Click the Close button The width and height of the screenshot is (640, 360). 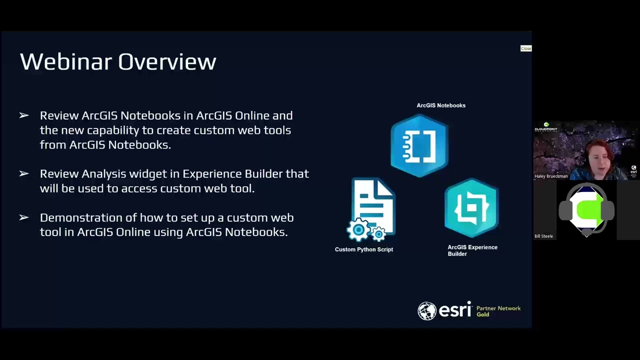(x=526, y=48)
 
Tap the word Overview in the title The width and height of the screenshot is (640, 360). (x=167, y=62)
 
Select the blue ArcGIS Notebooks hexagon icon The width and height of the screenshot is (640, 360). (x=419, y=145)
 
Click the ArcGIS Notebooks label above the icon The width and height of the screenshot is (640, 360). (x=441, y=105)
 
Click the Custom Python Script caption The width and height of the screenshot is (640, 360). (x=364, y=249)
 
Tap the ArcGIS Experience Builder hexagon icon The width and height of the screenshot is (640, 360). (x=471, y=208)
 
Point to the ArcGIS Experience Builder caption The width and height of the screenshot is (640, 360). (x=472, y=250)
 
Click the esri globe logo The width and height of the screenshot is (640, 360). (x=427, y=310)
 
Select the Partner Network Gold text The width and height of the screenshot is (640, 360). (x=498, y=311)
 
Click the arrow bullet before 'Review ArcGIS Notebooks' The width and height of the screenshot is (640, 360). (x=24, y=115)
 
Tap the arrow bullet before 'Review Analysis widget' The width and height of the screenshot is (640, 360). (x=24, y=173)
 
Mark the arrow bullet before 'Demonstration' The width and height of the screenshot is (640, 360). (x=24, y=217)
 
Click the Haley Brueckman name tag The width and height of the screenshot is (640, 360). (x=551, y=176)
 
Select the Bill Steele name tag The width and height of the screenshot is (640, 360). (x=543, y=236)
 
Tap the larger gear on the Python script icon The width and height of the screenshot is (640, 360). (x=358, y=230)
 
